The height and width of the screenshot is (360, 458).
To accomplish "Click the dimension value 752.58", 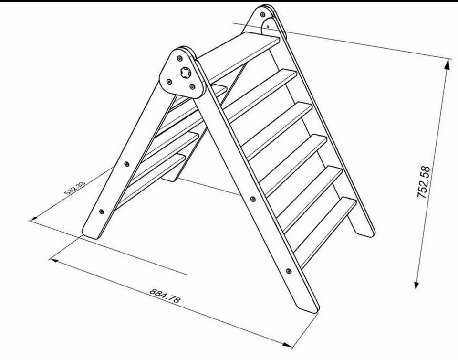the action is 424,182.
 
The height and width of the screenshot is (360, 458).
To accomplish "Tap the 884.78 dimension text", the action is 165,296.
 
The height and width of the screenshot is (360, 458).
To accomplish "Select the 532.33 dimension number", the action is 75,188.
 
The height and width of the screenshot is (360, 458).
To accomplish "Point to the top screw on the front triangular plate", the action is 180,59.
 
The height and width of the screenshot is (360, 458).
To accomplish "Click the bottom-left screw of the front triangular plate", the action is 169,82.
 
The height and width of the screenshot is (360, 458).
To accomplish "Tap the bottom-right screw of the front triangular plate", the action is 192,86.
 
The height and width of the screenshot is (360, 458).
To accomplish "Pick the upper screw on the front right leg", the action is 253,199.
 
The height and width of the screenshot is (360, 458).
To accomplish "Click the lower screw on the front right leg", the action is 289,271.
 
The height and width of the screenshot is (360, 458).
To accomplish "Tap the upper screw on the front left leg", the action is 126,164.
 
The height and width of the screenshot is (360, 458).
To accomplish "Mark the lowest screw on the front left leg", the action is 102,212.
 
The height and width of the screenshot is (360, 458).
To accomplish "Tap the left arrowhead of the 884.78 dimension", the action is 54,260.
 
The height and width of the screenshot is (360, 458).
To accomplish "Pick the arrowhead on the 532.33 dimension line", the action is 34,217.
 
